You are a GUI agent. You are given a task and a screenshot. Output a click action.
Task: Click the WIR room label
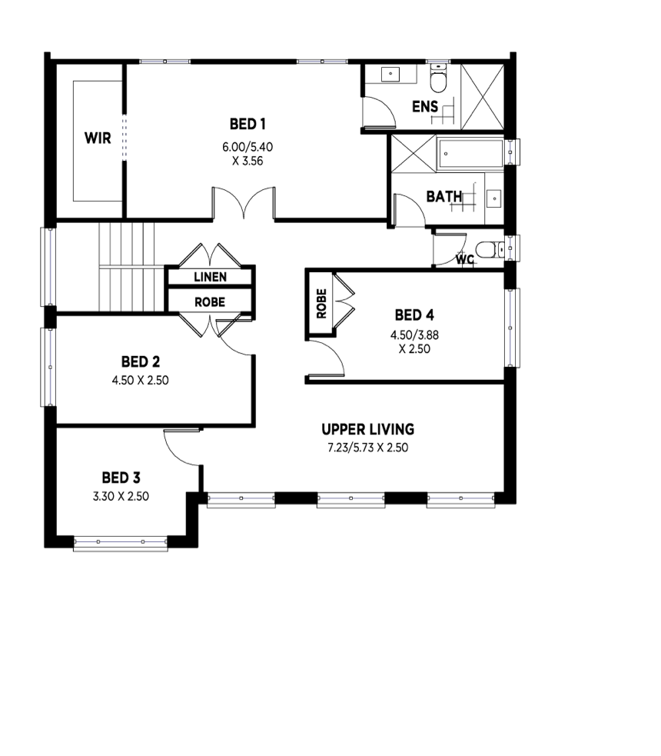tap(98, 138)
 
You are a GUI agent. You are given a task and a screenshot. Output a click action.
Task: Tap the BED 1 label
tap(247, 125)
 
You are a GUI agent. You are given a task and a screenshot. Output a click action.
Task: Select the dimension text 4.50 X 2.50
tap(140, 381)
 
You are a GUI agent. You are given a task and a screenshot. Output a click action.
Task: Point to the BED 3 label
tap(121, 478)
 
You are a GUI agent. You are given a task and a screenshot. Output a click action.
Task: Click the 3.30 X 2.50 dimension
tap(121, 496)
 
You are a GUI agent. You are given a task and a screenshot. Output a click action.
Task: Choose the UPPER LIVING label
tap(368, 429)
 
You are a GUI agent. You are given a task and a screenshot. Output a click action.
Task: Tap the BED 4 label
tap(414, 315)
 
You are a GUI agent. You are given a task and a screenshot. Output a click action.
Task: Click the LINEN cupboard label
tap(210, 277)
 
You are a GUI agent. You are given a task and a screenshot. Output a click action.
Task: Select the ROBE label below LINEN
tap(210, 302)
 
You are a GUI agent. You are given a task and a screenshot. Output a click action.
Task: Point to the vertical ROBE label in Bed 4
tap(321, 303)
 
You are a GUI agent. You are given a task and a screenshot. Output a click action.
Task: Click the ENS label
tap(425, 107)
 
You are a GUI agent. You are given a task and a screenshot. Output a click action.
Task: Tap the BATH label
tap(444, 197)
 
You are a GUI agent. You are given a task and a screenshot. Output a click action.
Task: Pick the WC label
tap(465, 259)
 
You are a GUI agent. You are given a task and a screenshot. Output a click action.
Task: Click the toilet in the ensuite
tap(438, 78)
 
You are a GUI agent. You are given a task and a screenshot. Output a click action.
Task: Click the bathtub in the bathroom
tap(470, 154)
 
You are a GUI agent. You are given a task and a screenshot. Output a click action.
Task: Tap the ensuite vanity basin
tap(390, 75)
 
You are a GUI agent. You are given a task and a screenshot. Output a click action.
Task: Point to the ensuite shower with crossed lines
tap(482, 96)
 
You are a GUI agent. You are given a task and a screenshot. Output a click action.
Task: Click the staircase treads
tap(127, 267)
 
